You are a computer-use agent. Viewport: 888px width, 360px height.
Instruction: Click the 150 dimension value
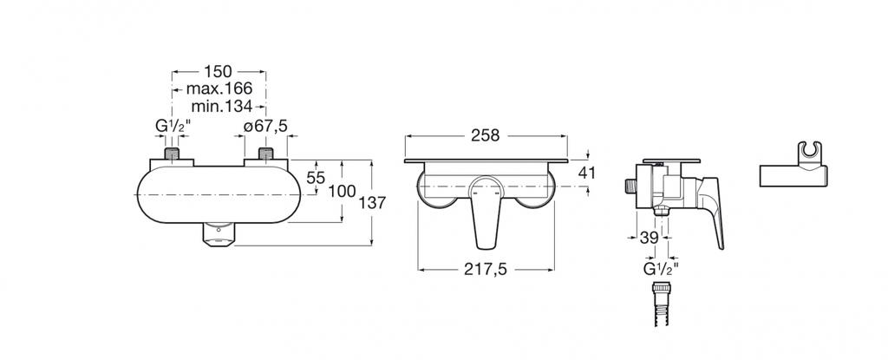[219, 71]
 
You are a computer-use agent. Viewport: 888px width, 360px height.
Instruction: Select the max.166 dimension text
[219, 88]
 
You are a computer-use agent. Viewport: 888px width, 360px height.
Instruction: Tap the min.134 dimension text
[221, 106]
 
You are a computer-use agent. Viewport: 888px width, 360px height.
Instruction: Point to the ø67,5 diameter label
[265, 127]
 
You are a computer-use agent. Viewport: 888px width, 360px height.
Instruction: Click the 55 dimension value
[316, 178]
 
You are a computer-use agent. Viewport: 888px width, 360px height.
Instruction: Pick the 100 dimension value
[342, 191]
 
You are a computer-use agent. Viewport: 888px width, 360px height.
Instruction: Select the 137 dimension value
[372, 203]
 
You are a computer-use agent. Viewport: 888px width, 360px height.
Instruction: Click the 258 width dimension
[486, 136]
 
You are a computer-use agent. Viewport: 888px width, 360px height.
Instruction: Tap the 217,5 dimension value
[486, 270]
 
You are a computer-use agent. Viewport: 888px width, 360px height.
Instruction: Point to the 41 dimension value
[587, 173]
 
